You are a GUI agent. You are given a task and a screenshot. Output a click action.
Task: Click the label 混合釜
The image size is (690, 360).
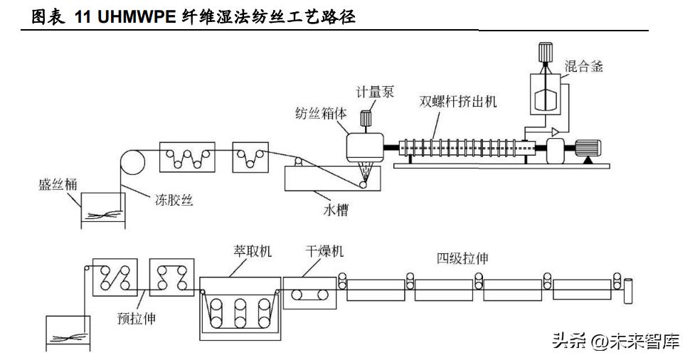pos(584,67)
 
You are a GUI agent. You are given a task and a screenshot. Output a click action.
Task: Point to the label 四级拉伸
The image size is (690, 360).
pos(462,258)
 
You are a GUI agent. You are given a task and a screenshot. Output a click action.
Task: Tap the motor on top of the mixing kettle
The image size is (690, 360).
pos(547,54)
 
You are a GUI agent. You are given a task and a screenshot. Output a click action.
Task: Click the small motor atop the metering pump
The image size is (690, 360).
pos(366,119)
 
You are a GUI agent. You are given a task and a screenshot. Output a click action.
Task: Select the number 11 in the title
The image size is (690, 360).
pos(83,18)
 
